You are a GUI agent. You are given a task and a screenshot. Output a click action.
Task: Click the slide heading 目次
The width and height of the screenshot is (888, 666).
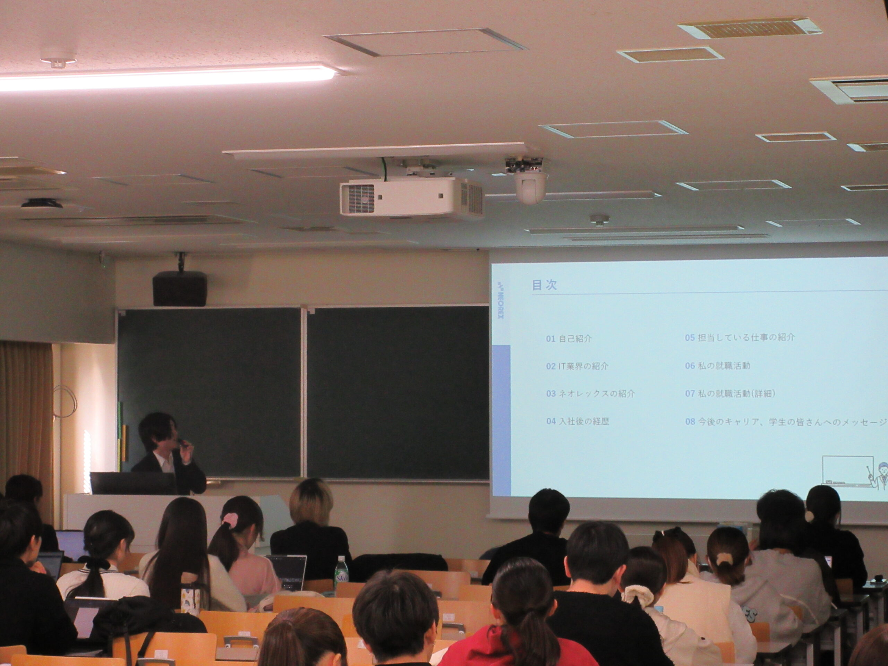(x=544, y=285)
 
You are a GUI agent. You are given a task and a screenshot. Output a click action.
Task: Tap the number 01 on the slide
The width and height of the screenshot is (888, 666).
(x=550, y=339)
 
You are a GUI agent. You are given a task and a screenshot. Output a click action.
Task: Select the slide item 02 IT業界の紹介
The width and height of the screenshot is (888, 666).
(x=577, y=366)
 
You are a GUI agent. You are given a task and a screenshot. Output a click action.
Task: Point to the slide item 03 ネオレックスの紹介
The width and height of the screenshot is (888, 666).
(x=590, y=393)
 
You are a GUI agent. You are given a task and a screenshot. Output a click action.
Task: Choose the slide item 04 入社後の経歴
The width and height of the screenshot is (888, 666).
(x=577, y=421)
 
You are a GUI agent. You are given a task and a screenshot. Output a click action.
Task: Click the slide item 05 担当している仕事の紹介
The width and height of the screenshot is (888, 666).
(x=740, y=338)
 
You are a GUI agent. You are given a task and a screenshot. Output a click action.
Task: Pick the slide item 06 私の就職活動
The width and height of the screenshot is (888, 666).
(x=717, y=366)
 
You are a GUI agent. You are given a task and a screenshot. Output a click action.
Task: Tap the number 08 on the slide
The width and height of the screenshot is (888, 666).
(x=690, y=422)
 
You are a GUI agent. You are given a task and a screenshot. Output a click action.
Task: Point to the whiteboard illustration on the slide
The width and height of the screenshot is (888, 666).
(x=847, y=470)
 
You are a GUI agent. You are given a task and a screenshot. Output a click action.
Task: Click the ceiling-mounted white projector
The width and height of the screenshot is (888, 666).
(x=411, y=197)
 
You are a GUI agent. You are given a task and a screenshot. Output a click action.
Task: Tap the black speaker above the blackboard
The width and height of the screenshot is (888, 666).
(x=179, y=288)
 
